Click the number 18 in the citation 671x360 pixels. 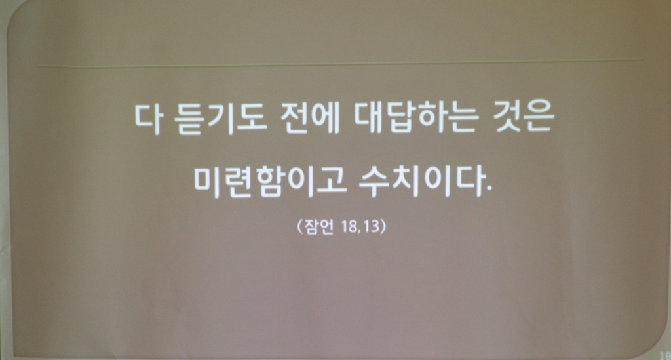tap(349, 226)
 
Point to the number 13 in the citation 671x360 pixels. tap(370, 226)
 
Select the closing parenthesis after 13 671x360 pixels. tap(383, 226)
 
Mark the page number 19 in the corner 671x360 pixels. tap(666, 355)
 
